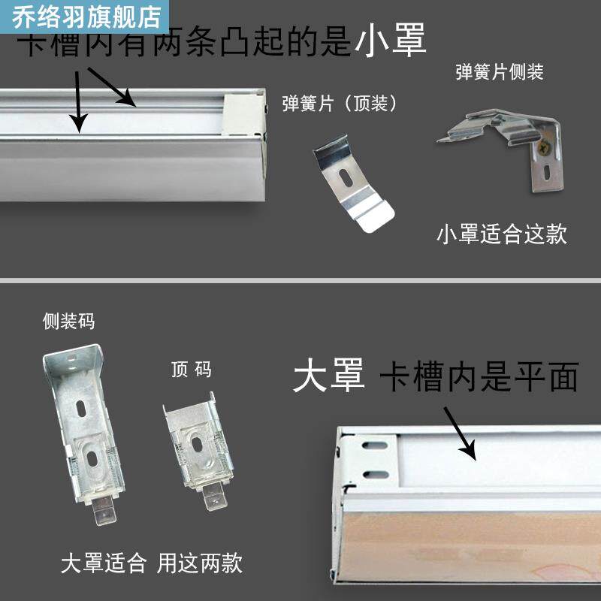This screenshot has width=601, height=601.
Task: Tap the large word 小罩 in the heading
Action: (x=391, y=39)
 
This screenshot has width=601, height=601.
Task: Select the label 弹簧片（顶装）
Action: (x=339, y=104)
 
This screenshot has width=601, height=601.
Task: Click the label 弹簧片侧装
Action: (x=499, y=73)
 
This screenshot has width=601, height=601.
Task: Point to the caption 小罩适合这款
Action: (x=501, y=234)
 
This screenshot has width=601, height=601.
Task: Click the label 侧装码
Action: (x=69, y=322)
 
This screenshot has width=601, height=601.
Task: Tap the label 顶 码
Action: (x=192, y=370)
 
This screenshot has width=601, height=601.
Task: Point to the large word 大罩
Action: (x=328, y=376)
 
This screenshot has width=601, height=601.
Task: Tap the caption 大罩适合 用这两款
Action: (x=152, y=563)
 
